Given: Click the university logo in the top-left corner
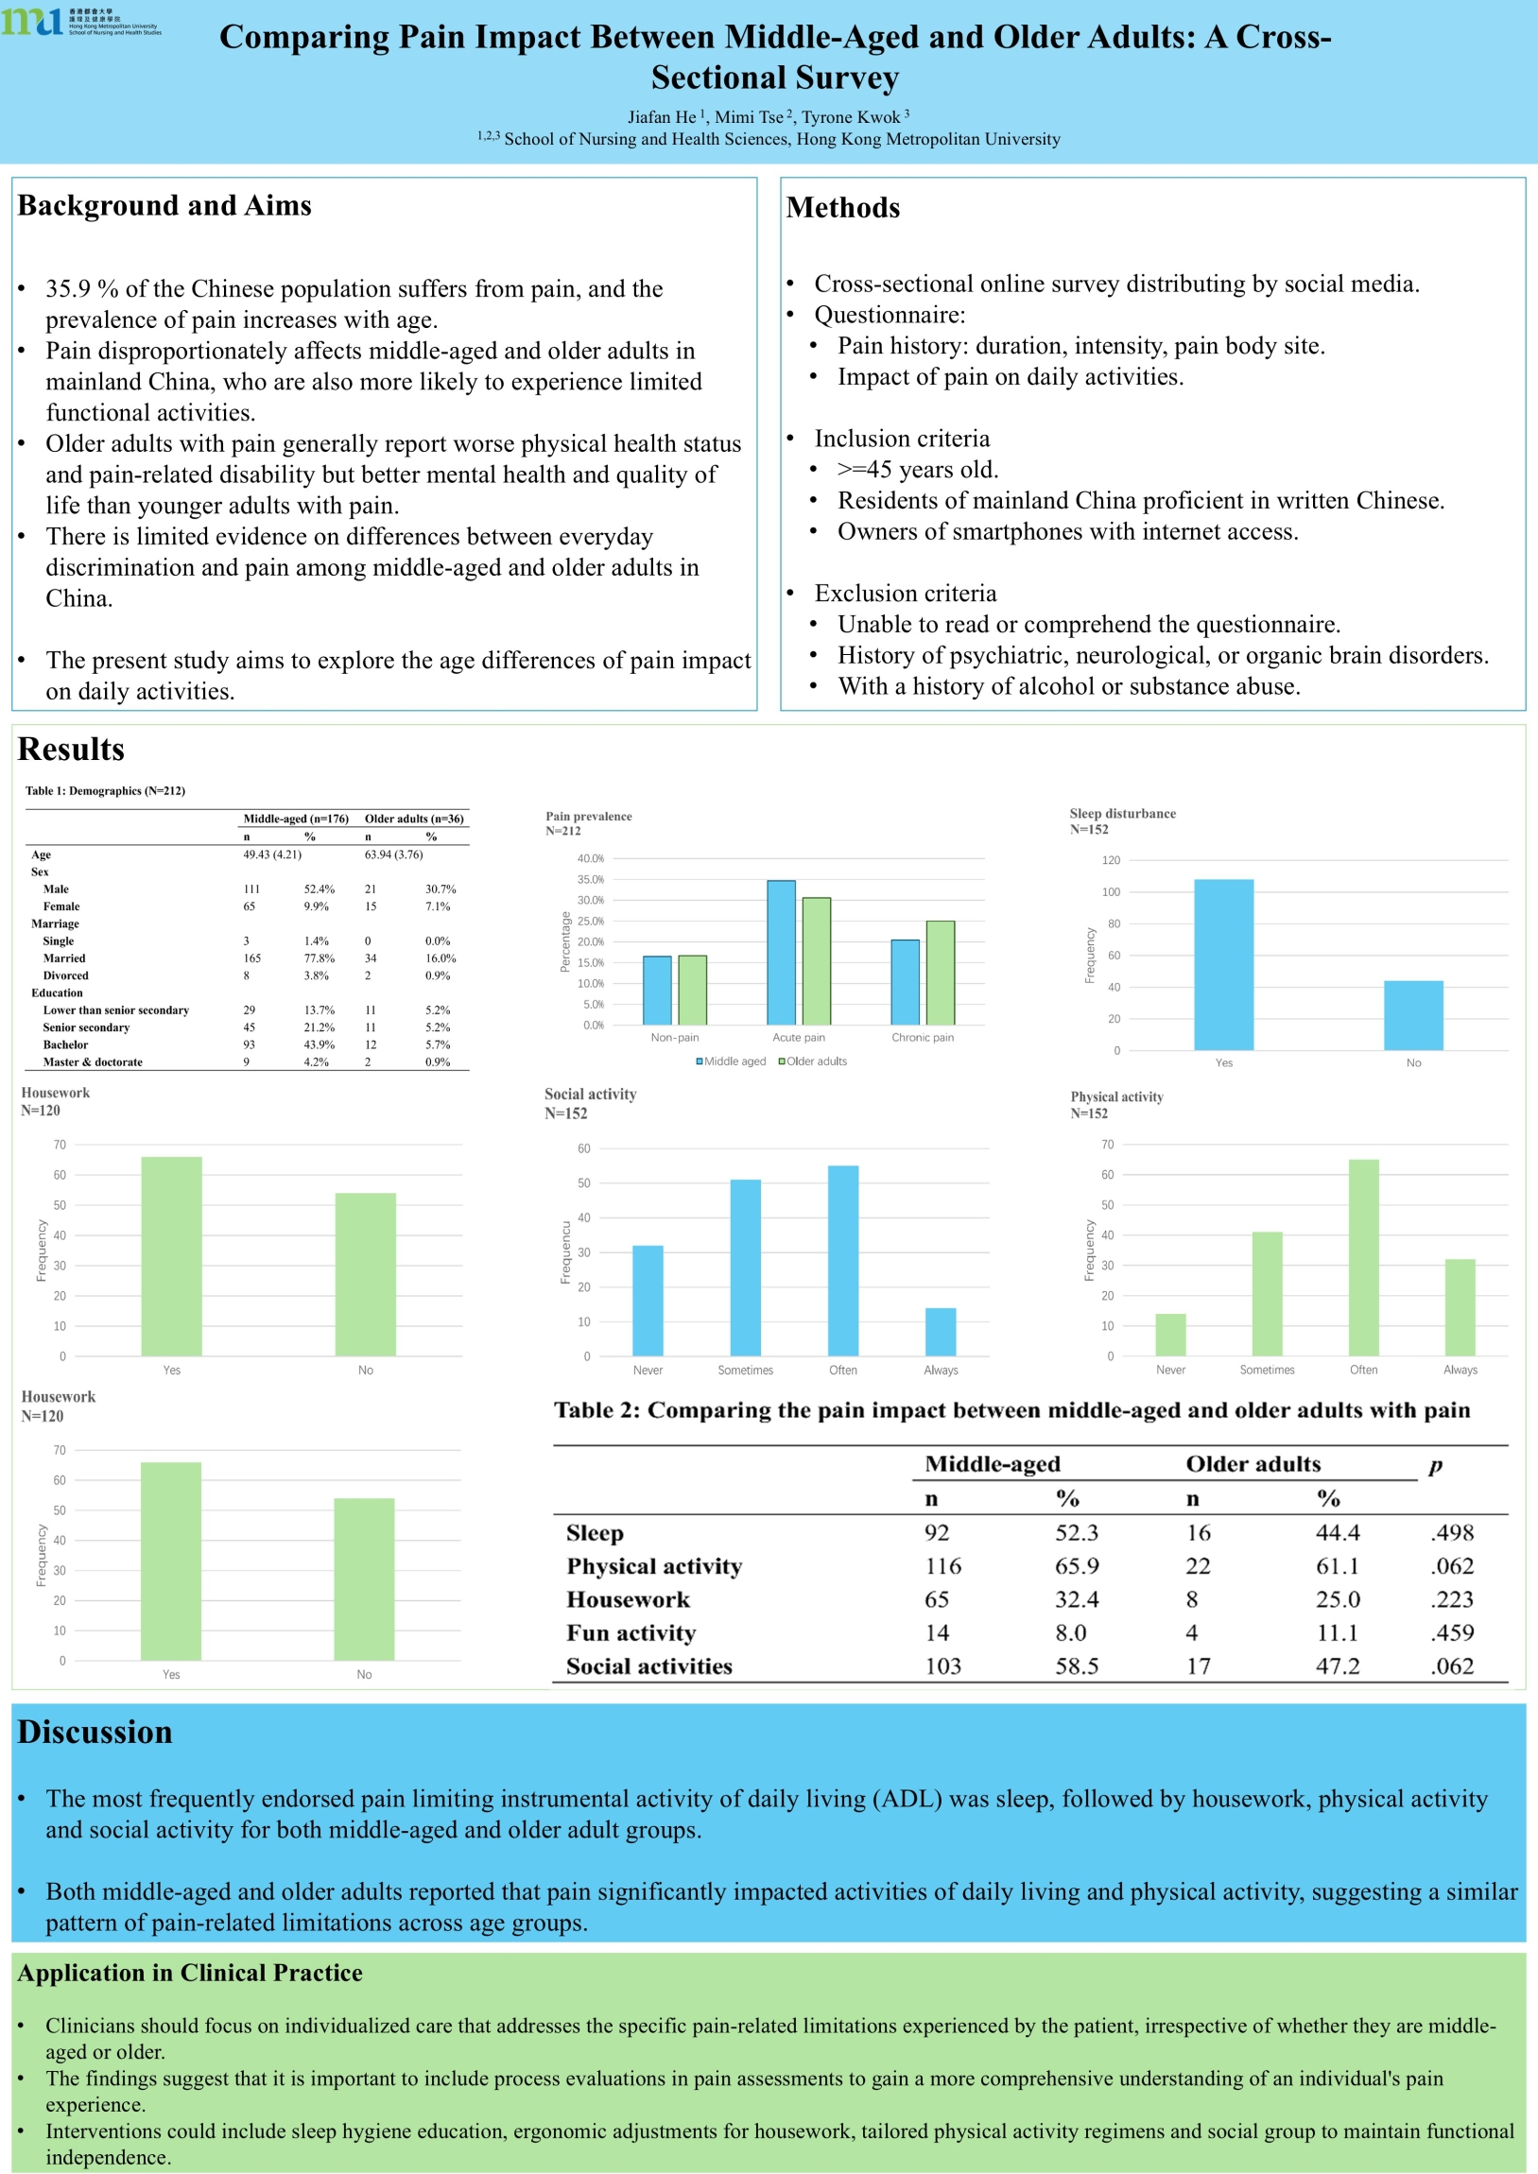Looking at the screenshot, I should (x=80, y=21).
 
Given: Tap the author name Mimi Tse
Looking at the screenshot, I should (x=749, y=117).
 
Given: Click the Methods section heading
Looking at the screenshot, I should (x=843, y=207).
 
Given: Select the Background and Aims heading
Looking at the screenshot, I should (x=164, y=205).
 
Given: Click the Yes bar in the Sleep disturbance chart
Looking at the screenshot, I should (x=1223, y=964).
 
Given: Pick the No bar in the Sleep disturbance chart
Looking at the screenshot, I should (x=1413, y=1015).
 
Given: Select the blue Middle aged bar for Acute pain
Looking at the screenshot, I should (x=781, y=952).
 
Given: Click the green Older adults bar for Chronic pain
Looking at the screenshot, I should (x=941, y=973).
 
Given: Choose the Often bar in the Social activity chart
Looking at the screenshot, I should (x=843, y=1260).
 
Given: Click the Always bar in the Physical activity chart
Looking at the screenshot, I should (x=1460, y=1306).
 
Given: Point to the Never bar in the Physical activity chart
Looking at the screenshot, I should (x=1170, y=1334).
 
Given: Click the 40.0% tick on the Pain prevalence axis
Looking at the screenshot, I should (x=591, y=859).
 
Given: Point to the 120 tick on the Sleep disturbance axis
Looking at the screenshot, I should (x=1111, y=861).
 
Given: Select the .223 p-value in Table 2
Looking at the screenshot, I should (x=1452, y=1600).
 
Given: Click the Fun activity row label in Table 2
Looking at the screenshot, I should (x=631, y=1633).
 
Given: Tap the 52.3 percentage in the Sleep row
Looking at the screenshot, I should (x=1077, y=1533).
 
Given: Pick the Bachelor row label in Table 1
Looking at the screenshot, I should (x=65, y=1045).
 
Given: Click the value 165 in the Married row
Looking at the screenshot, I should (x=251, y=958).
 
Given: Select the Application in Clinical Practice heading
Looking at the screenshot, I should (x=189, y=1974).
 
